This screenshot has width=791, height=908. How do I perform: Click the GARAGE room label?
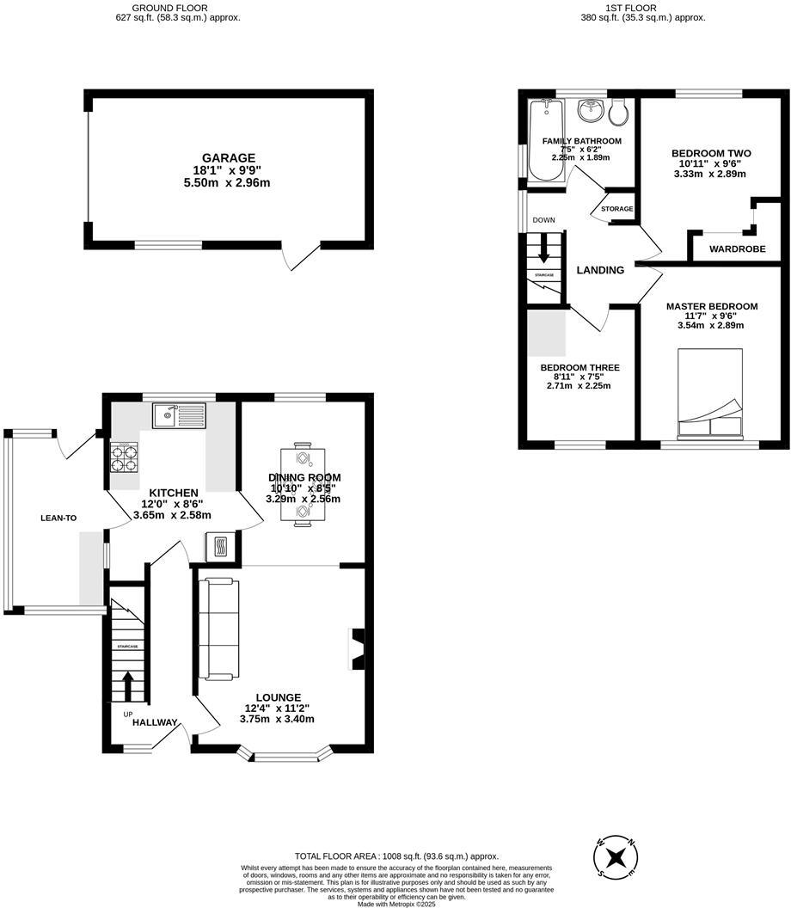tap(229, 158)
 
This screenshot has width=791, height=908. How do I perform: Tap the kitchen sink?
tap(179, 416)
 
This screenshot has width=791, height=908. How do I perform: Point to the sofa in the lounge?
tap(218, 627)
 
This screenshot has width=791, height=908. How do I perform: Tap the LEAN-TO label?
tap(58, 518)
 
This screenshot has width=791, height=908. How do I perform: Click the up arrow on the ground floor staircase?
tap(127, 685)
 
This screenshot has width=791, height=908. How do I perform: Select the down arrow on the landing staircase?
tap(543, 250)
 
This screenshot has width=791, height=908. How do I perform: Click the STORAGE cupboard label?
tap(616, 209)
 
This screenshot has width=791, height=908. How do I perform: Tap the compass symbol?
tap(616, 857)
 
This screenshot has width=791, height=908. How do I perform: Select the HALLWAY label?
tap(155, 723)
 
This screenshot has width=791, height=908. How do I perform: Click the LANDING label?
tap(600, 270)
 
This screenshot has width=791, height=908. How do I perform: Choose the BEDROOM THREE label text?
tap(579, 368)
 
